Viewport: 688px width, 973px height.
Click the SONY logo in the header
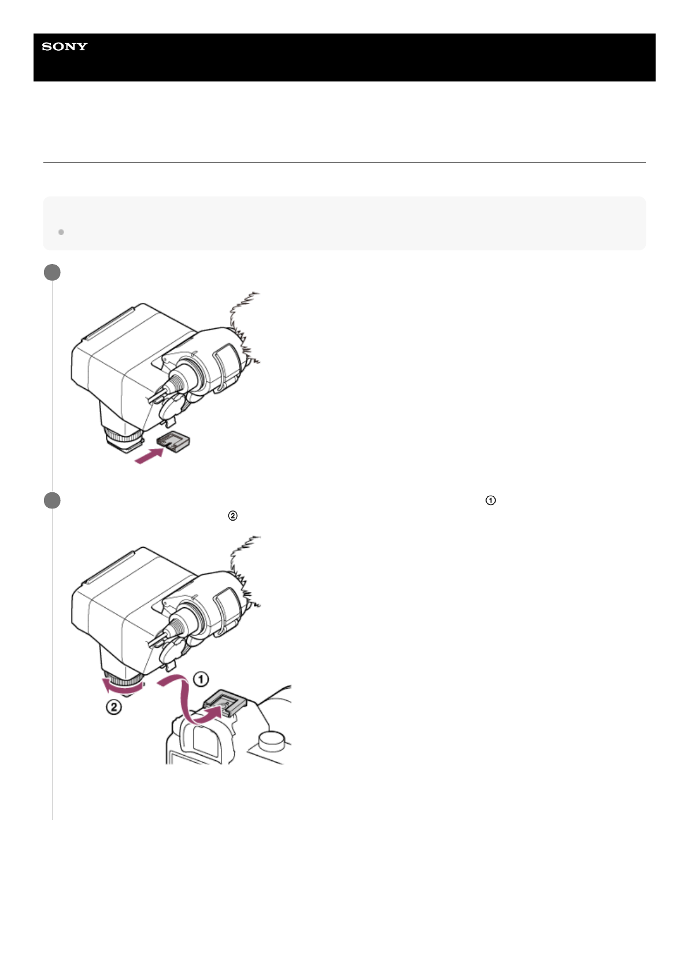[65, 46]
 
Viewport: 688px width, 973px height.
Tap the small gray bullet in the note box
[61, 232]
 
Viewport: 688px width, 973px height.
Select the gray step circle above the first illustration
[52, 272]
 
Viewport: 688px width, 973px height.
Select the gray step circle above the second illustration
[52, 500]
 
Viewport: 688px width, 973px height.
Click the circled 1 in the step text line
[490, 500]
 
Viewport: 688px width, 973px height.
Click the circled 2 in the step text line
[232, 516]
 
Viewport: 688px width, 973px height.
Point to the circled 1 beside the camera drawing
[201, 679]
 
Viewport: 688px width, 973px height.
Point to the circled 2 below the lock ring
[113, 708]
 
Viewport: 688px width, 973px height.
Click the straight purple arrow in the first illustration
[149, 456]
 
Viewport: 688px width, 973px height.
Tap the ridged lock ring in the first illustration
[123, 435]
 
